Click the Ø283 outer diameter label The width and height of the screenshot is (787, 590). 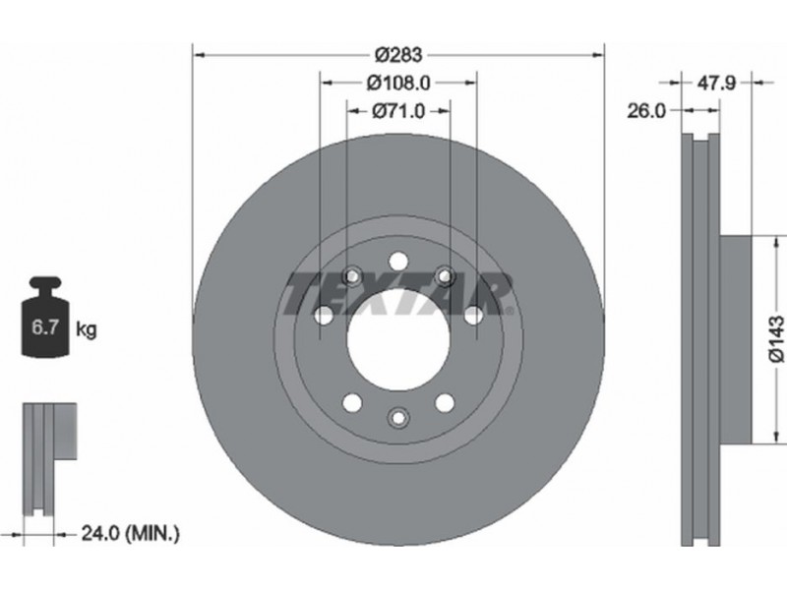click(x=399, y=55)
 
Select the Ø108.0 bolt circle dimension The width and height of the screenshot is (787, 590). click(x=398, y=83)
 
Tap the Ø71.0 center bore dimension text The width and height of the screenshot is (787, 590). click(x=398, y=111)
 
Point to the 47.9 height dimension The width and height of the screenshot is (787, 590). click(x=716, y=83)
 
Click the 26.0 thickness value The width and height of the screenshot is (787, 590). click(x=646, y=111)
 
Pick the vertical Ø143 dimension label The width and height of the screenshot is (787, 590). click(x=776, y=338)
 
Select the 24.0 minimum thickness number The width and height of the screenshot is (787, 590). click(x=100, y=533)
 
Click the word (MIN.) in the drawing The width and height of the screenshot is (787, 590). click(x=152, y=533)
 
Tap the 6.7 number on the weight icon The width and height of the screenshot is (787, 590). click(x=45, y=328)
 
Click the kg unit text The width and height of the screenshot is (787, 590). click(x=87, y=329)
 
